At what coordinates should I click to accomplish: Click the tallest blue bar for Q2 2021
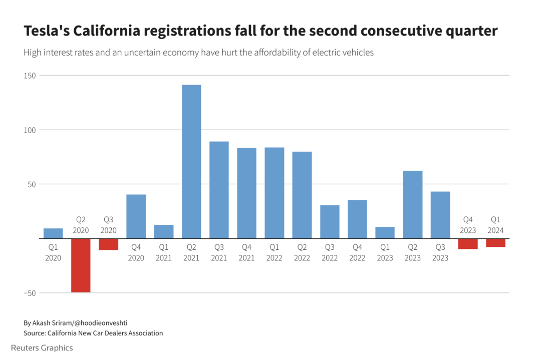coord(191,161)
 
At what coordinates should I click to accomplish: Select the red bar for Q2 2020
coord(81,265)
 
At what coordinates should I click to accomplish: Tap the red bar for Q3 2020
coord(108,244)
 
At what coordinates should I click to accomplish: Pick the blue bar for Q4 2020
coord(136,216)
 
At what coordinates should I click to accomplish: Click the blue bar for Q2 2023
coord(412,204)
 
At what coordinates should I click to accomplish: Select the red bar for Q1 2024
coord(495,243)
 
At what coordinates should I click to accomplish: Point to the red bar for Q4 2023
coord(468,244)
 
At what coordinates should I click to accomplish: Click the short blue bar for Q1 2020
coord(53,233)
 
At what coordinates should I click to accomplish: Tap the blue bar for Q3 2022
coord(330,222)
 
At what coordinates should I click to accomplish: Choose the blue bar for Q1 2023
coord(385,233)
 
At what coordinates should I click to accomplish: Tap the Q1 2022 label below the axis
coord(274,252)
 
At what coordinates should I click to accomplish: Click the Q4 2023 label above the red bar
coord(468,225)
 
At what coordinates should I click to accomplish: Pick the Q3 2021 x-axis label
coord(219,252)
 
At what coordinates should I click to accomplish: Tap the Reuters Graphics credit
coord(42,348)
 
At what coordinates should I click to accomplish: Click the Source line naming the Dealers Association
coord(93,333)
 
